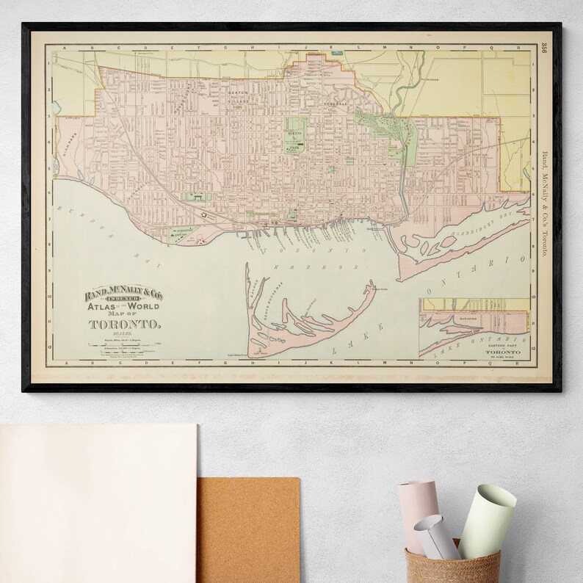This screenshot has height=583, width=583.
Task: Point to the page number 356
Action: pyautogui.click(x=543, y=51)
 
